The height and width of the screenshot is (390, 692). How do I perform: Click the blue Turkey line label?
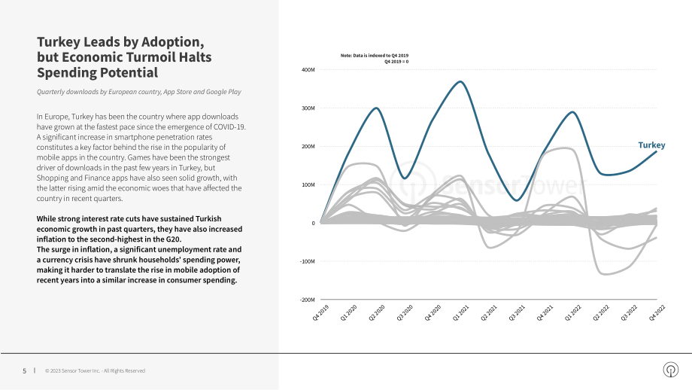651,145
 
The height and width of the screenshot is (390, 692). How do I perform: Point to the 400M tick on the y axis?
308,70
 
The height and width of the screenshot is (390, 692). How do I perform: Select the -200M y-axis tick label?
307,300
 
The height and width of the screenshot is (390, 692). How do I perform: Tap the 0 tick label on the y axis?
314,223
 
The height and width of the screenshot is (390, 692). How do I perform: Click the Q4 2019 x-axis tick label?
321,312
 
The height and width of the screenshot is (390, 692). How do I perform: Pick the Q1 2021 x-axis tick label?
461,312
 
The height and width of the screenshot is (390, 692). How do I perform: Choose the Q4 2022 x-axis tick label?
657,312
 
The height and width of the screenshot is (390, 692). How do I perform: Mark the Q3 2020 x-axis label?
405,312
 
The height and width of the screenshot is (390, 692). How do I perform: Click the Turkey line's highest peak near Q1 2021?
460,82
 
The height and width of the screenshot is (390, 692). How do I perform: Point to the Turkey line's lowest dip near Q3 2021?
517,200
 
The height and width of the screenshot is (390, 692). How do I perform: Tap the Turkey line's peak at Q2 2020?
376,108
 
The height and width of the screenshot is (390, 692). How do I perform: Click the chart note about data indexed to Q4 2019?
375,58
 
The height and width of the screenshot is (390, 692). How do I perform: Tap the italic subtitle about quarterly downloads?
139,92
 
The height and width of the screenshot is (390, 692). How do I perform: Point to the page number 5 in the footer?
24,371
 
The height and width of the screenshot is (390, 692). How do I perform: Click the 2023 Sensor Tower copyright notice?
95,371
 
